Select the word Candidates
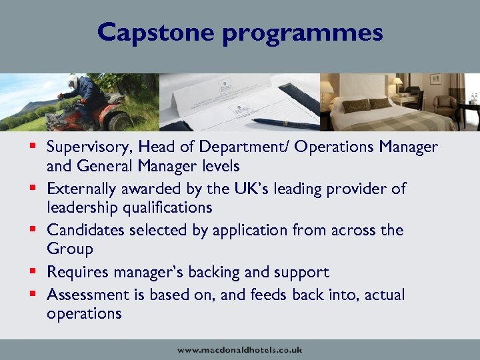tap(85, 230)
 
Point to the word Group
tap(70, 249)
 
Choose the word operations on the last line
tap(84, 313)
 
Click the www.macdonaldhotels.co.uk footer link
tap(240, 349)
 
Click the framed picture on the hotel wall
tap(435, 79)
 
